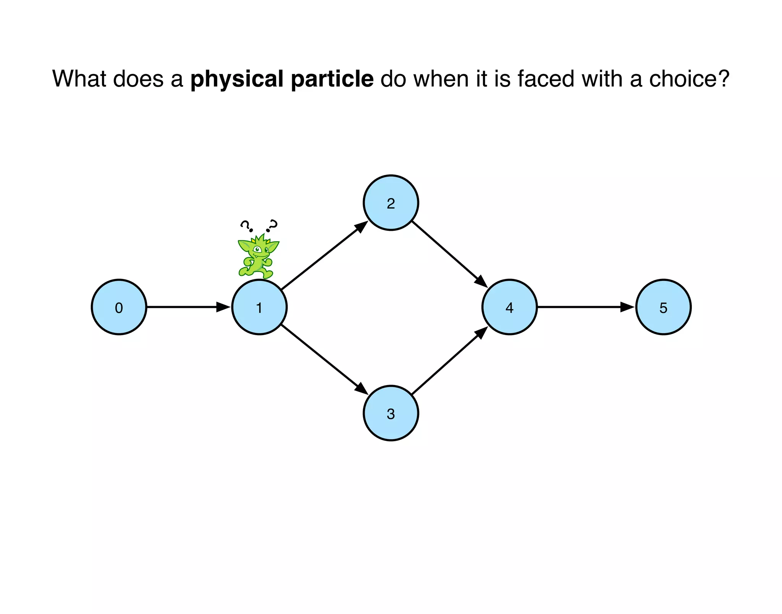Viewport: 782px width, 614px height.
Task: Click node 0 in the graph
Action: pyautogui.click(x=119, y=307)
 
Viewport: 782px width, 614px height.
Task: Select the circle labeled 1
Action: pyautogui.click(x=259, y=307)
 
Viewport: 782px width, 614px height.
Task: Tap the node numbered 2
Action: pyautogui.click(x=391, y=203)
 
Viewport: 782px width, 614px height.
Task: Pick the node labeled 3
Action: pyautogui.click(x=391, y=413)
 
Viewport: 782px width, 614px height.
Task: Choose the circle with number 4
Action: pyautogui.click(x=509, y=307)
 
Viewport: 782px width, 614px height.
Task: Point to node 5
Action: pyautogui.click(x=663, y=307)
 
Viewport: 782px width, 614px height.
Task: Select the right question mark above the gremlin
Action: pyautogui.click(x=272, y=226)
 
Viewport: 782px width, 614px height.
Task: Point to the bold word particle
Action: pyautogui.click(x=332, y=79)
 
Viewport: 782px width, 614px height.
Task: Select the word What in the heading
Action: pyautogui.click(x=79, y=79)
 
